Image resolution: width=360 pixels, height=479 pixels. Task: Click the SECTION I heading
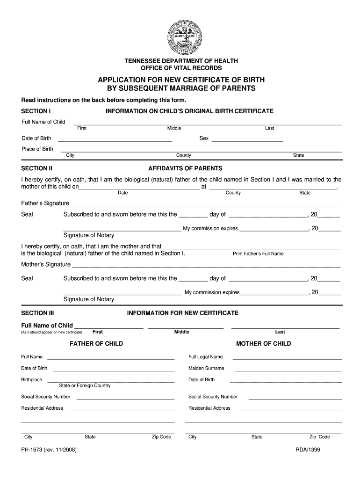pyautogui.click(x=36, y=111)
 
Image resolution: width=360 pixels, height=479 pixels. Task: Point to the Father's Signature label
pyautogui.click(x=45, y=203)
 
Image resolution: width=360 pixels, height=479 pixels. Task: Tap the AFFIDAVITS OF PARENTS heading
pyautogui.click(x=185, y=168)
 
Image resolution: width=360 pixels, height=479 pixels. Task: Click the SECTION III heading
pyautogui.click(x=38, y=312)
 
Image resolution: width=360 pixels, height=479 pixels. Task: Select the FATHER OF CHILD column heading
pyautogui.click(x=96, y=343)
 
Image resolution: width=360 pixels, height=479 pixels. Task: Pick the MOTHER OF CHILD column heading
pyautogui.click(x=264, y=343)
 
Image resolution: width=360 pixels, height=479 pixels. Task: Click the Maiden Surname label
pyautogui.click(x=206, y=368)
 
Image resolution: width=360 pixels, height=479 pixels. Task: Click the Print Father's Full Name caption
pyautogui.click(x=258, y=254)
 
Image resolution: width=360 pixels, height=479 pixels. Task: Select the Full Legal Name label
pyautogui.click(x=206, y=356)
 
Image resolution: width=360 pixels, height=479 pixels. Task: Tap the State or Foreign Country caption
pyautogui.click(x=85, y=385)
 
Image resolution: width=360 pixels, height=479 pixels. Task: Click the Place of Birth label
pyautogui.click(x=37, y=149)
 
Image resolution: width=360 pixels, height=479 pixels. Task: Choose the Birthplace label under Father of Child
pyautogui.click(x=31, y=379)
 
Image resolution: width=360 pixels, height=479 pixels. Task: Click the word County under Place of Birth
pyautogui.click(x=183, y=155)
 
